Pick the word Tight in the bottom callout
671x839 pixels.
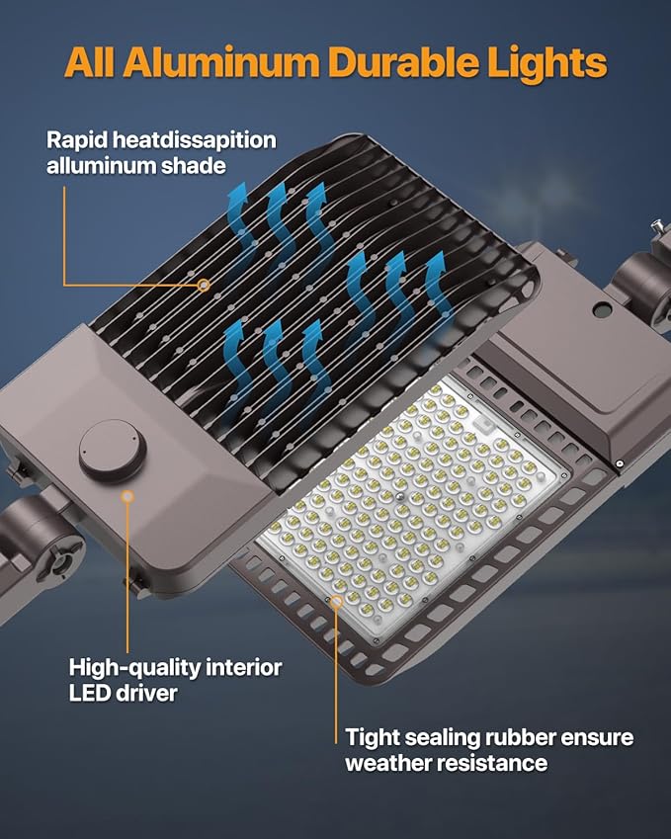[374, 737]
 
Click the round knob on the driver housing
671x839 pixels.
[113, 451]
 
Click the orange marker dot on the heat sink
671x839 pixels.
[204, 286]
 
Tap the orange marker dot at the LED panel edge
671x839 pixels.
[338, 599]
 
